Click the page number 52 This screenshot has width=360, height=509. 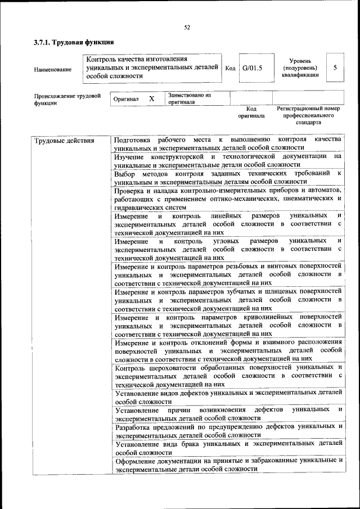(187, 26)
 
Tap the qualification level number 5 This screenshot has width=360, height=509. (335, 67)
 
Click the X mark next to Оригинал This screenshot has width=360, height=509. (151, 98)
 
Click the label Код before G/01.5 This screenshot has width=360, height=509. (230, 68)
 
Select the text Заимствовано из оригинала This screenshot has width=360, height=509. (188, 99)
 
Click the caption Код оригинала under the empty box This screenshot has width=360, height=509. (251, 112)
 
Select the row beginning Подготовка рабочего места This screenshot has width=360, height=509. (227, 143)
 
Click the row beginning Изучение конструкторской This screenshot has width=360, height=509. (227, 160)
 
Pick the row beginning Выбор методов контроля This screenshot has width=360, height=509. (227, 177)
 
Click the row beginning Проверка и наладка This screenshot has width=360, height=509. (227, 199)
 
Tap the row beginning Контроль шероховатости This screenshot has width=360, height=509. (227, 375)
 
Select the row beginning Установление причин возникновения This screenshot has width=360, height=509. (227, 413)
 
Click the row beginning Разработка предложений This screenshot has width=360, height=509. (227, 430)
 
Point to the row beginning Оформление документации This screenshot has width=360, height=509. (227, 464)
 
